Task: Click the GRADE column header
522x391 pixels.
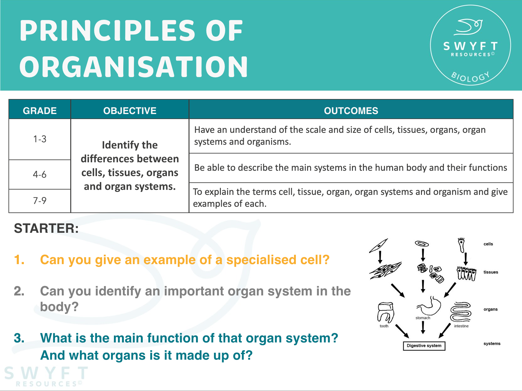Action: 40,111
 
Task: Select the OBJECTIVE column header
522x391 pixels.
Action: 130,111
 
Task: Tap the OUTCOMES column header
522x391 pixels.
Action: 351,111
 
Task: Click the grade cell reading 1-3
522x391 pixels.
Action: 40,139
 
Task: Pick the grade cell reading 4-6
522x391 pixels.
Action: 40,174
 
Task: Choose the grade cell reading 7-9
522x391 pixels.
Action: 40,201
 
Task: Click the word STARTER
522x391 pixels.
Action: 46,228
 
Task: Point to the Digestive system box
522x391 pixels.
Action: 424,346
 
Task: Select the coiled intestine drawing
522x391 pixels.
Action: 461,312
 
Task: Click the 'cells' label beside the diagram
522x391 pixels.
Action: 488,244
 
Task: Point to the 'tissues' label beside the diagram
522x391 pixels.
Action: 491,272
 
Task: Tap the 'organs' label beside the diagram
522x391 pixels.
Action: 490,309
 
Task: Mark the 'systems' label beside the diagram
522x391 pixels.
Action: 492,343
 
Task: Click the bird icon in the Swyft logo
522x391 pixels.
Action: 468,27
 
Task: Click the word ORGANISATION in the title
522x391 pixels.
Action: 134,67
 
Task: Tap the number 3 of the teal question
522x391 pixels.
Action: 19,338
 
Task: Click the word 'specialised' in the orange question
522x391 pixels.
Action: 261,260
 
